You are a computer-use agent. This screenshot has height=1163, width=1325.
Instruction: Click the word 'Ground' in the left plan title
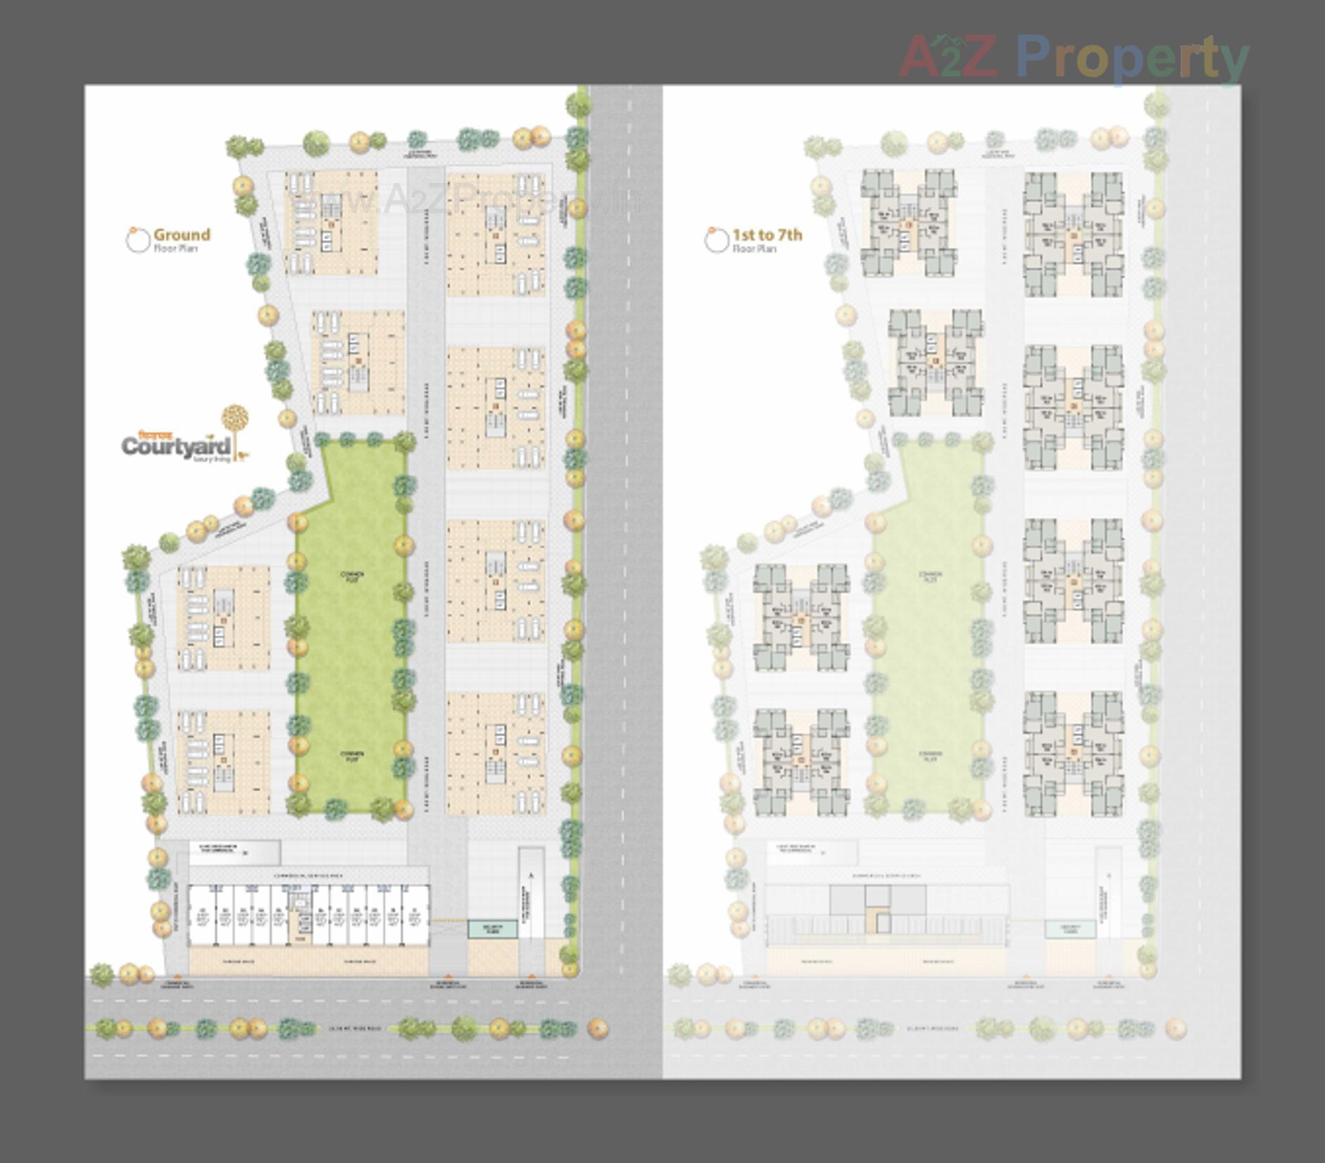(x=182, y=235)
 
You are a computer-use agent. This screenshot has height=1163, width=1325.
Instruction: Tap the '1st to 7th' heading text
(x=767, y=235)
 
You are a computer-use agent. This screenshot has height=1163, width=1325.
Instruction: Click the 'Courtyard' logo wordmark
(x=176, y=446)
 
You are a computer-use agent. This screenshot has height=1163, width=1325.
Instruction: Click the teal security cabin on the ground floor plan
(x=493, y=928)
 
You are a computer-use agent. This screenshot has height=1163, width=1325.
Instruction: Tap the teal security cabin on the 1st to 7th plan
(x=1069, y=928)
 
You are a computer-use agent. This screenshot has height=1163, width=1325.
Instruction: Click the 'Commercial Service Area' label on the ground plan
(x=310, y=874)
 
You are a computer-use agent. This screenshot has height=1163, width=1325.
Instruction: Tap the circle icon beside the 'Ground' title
(x=137, y=240)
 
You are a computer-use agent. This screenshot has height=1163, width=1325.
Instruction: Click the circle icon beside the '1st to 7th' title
(x=716, y=240)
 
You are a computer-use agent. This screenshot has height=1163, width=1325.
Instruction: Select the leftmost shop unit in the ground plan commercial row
(x=201, y=915)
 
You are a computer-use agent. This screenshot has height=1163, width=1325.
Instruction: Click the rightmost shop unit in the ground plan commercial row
(x=414, y=915)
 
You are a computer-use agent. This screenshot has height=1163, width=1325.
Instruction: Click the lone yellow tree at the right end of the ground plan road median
(x=598, y=1028)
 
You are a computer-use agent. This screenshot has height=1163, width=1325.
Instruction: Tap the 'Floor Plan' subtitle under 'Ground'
(x=175, y=249)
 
